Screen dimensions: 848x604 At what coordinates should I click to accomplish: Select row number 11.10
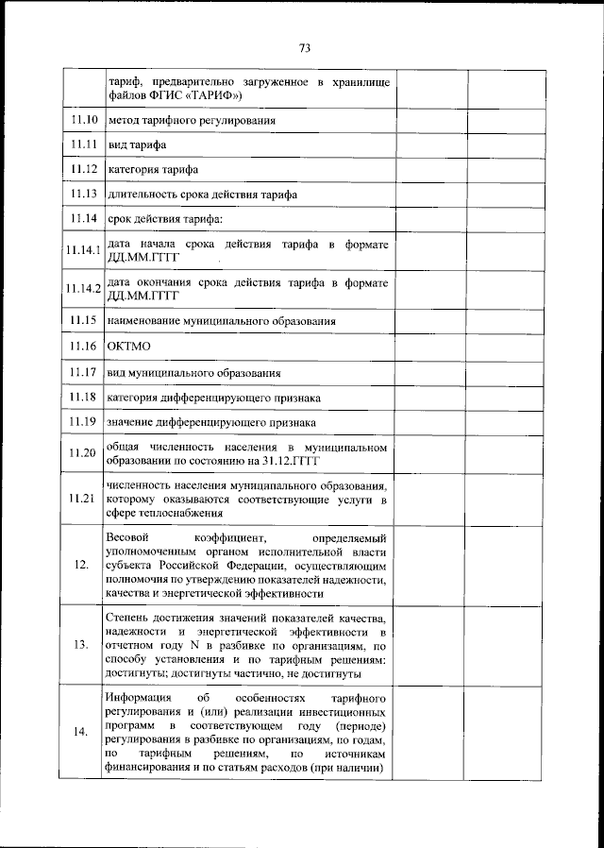84,121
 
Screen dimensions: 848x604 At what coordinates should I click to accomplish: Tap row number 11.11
84,145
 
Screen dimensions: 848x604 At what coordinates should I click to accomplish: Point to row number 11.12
84,170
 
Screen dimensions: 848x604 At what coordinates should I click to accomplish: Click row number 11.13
84,195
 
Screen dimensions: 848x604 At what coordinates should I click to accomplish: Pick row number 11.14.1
84,250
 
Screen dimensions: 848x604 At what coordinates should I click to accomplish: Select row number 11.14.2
84,288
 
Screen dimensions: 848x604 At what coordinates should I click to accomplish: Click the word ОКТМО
129,348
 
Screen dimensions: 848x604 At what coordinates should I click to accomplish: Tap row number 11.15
84,321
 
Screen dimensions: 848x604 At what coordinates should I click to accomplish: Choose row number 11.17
84,372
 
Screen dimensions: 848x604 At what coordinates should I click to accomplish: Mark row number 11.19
84,422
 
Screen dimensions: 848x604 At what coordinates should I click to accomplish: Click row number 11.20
84,453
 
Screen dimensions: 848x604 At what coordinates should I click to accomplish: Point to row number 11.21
84,499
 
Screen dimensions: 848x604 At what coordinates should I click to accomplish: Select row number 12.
84,564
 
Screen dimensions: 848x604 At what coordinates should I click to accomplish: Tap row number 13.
84,645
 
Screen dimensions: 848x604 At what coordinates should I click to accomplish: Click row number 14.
84,732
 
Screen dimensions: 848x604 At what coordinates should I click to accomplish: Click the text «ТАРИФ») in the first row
215,95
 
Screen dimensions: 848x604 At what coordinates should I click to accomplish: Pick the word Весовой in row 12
127,536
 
